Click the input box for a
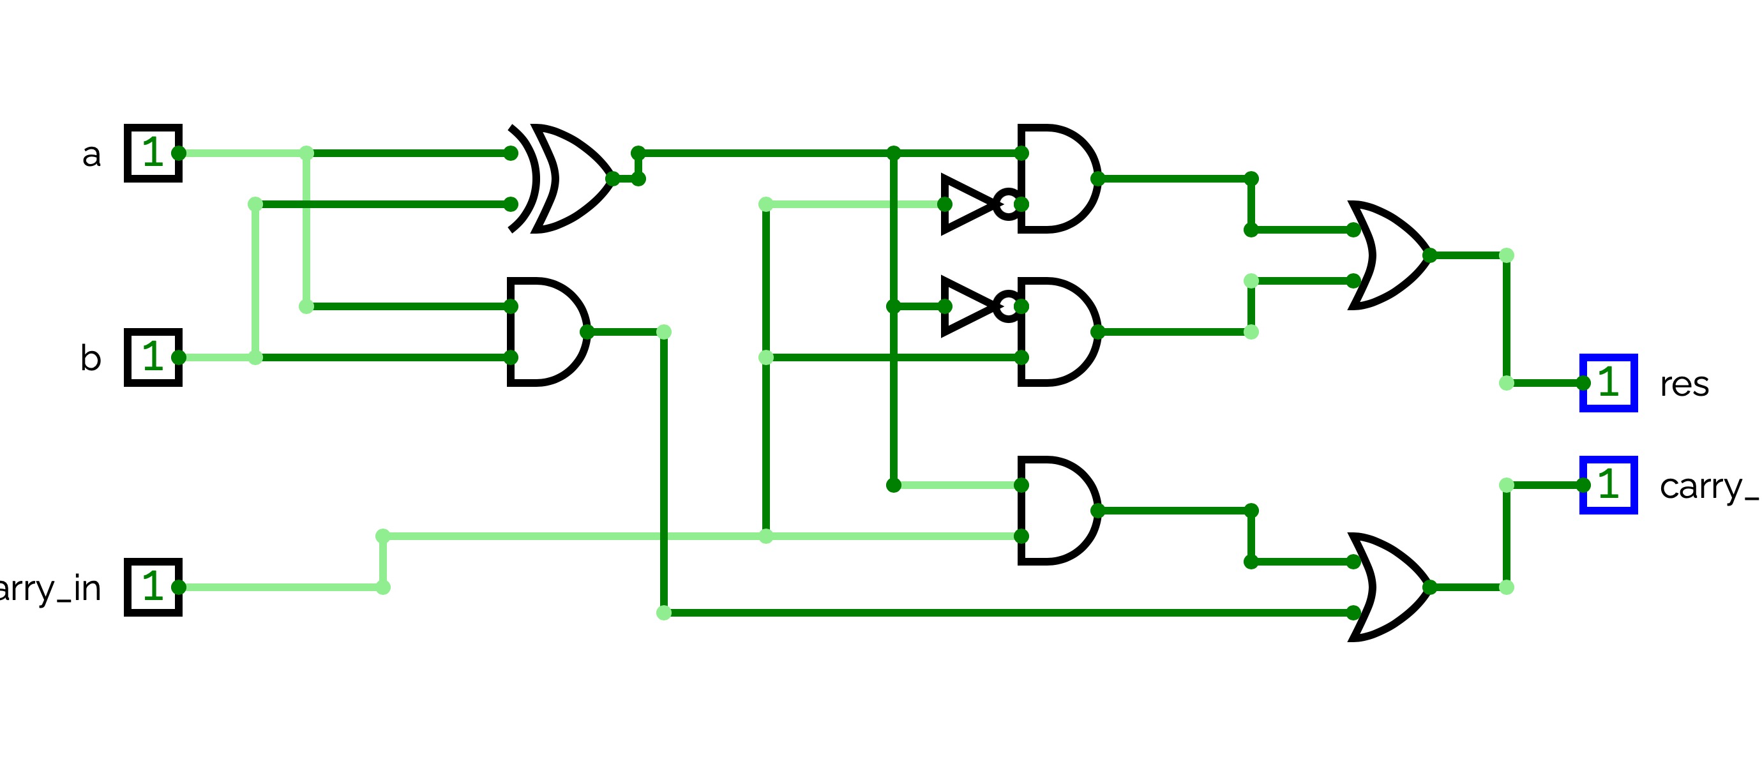(153, 153)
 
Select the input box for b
(153, 357)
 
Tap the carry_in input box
(153, 587)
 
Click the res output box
(1608, 382)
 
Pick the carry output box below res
(1608, 484)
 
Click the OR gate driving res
(1389, 255)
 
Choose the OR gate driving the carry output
(1389, 587)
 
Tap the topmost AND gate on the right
(1057, 179)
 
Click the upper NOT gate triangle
(966, 204)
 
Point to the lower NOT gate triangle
(966, 306)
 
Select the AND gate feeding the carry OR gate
(1057, 510)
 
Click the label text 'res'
(1684, 384)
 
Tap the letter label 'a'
(92, 155)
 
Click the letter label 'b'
(91, 357)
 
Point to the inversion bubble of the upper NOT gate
(1007, 204)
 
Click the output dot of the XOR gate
(612, 179)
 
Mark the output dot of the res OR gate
(1429, 255)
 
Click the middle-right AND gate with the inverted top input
(1057, 332)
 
